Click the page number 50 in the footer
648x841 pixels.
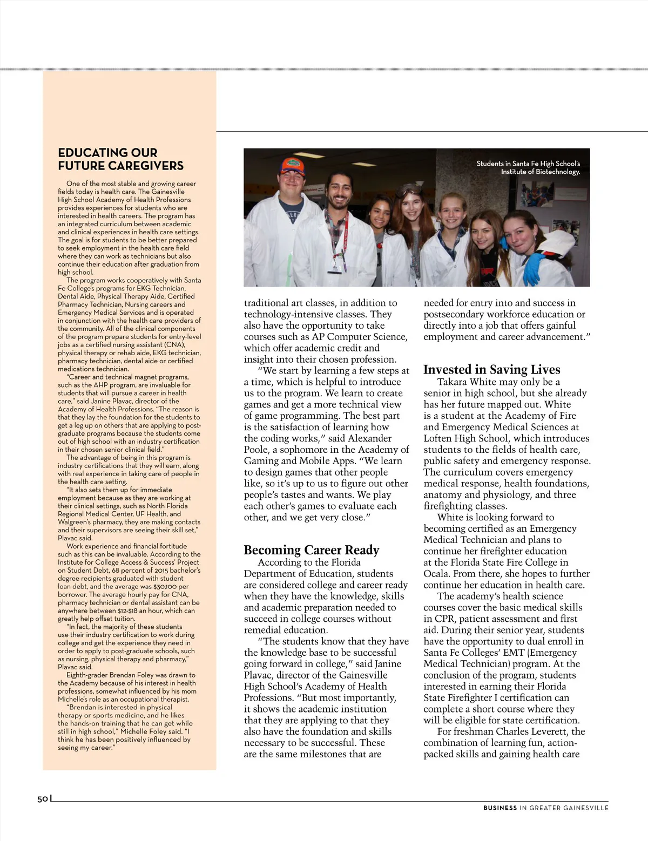pyautogui.click(x=43, y=799)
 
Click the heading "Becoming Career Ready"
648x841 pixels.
pyautogui.click(x=312, y=550)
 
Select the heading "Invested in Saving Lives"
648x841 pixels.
pyautogui.click(x=491, y=370)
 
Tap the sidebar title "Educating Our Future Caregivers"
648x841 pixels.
pyautogui.click(x=120, y=159)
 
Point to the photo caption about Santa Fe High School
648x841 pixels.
pyautogui.click(x=528, y=167)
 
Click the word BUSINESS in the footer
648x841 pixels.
pyautogui.click(x=500, y=808)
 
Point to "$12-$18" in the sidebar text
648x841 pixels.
pyautogui.click(x=115, y=611)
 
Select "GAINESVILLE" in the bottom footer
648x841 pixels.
pyautogui.click(x=585, y=808)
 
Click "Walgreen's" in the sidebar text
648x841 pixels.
pyautogui.click(x=76, y=522)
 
